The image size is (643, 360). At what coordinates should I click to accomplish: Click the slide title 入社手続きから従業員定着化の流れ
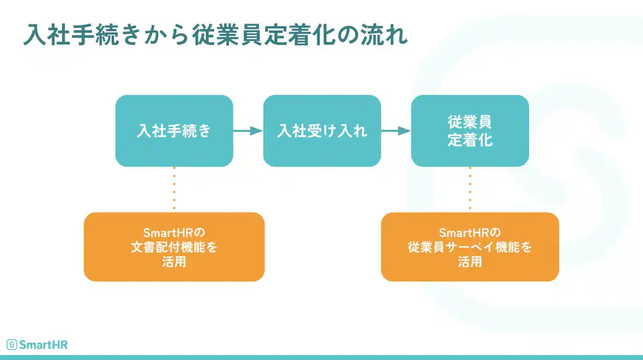click(x=215, y=35)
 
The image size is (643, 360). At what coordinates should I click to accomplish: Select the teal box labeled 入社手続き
click(x=174, y=131)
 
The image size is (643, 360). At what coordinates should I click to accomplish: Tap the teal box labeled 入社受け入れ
click(x=322, y=131)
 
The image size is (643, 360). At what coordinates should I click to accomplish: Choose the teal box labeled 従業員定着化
click(x=470, y=131)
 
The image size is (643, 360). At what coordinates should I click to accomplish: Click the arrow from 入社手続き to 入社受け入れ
click(x=248, y=131)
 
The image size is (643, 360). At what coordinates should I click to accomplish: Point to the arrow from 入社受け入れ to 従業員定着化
click(x=396, y=131)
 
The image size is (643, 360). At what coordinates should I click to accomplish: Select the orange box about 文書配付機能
click(x=174, y=247)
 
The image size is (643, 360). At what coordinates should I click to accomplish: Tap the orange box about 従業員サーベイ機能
click(x=470, y=247)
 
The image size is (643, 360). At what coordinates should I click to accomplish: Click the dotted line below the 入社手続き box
click(x=174, y=189)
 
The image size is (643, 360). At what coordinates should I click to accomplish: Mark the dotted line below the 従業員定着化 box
click(x=470, y=189)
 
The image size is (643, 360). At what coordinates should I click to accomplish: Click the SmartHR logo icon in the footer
click(x=11, y=345)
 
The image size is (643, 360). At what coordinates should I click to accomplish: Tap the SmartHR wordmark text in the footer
click(x=43, y=345)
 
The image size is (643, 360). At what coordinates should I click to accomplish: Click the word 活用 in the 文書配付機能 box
click(x=174, y=262)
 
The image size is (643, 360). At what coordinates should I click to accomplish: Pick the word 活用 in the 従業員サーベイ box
click(x=470, y=262)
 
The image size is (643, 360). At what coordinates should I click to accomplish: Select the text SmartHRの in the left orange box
click(x=174, y=232)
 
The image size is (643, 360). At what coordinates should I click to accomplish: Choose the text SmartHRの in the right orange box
click(x=470, y=232)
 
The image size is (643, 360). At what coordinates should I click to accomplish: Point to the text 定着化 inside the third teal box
click(x=470, y=140)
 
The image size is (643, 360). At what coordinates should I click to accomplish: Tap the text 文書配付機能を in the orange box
click(x=174, y=247)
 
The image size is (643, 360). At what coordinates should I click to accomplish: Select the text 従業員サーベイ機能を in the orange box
click(x=470, y=247)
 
